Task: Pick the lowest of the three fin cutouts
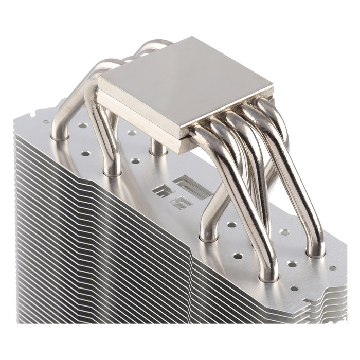tap(182, 203)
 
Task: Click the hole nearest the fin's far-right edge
tap(332, 268)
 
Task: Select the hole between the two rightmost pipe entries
tap(292, 264)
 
